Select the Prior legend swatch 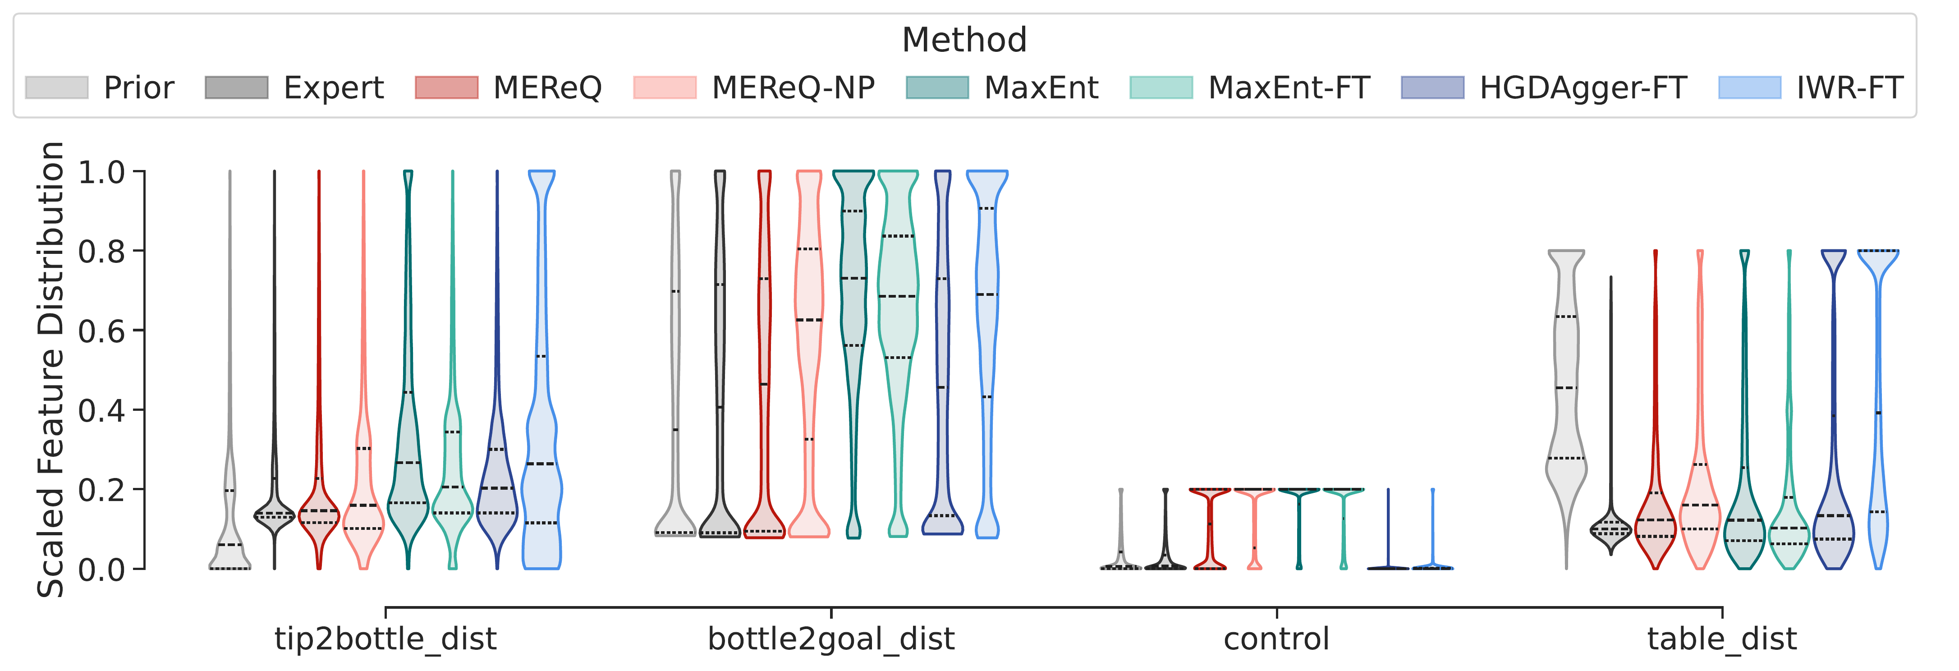coord(56,87)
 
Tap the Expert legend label coord(333,87)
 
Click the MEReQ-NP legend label coord(793,87)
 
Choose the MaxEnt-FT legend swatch coord(1161,87)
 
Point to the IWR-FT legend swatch coord(1749,87)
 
